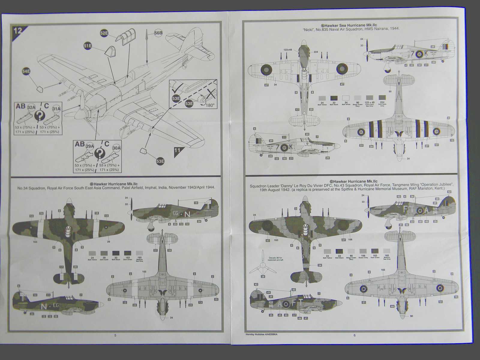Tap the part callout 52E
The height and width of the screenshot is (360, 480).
click(104, 33)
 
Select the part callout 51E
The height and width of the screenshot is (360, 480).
click(88, 46)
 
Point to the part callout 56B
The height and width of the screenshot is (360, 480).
click(158, 33)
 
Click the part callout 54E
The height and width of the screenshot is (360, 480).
click(26, 71)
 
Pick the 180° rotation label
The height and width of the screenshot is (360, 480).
click(210, 105)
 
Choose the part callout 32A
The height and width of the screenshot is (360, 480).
click(31, 107)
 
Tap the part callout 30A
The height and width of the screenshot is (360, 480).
click(116, 148)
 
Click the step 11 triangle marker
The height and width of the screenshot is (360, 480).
click(178, 151)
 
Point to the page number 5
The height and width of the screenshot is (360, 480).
click(115, 335)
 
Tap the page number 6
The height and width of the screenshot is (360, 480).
click(354, 335)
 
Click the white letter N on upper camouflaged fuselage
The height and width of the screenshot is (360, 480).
click(187, 214)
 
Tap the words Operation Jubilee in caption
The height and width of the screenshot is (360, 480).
click(435, 185)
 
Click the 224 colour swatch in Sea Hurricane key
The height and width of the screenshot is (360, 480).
click(382, 98)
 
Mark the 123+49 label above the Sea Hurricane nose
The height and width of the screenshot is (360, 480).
click(288, 50)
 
